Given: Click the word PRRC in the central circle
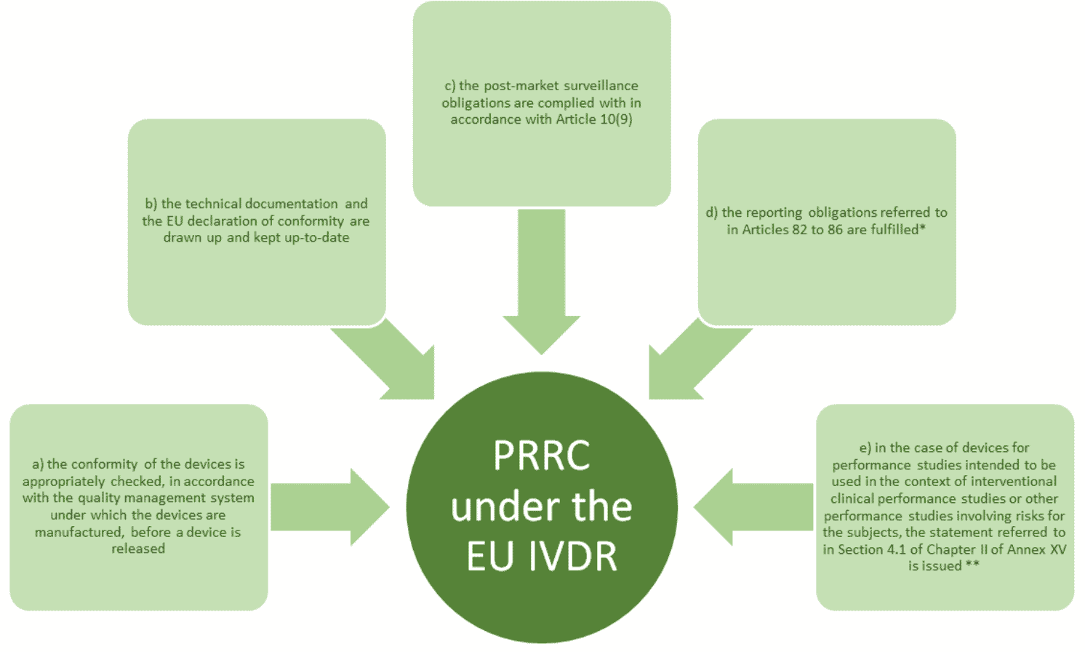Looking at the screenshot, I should pyautogui.click(x=542, y=456).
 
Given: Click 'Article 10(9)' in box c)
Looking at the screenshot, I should pyautogui.click(x=593, y=119).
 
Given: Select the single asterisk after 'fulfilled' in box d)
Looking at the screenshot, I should pyautogui.click(x=922, y=228).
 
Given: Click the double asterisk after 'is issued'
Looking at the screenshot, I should pyautogui.click(x=972, y=565).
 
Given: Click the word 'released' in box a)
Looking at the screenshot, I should pyautogui.click(x=138, y=549).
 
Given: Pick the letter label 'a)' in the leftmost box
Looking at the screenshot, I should pyautogui.click(x=38, y=464).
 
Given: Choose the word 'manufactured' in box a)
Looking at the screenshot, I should pyautogui.click(x=79, y=532).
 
